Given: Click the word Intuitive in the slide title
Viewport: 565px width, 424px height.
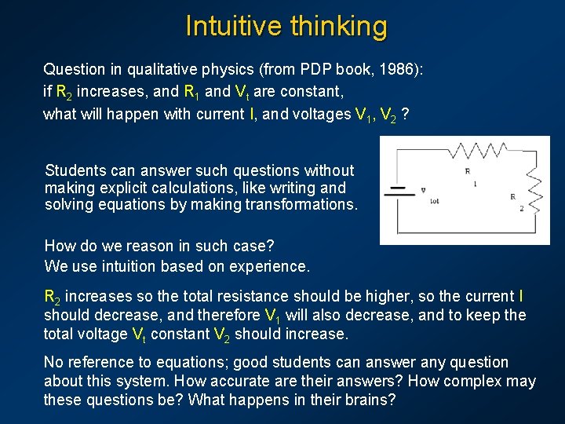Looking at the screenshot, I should [233, 26].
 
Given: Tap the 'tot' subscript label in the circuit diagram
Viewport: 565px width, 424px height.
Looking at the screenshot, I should [435, 201].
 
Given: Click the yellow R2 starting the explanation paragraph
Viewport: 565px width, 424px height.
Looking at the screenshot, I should [53, 297].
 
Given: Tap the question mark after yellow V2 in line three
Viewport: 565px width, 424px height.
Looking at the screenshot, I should [403, 114].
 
